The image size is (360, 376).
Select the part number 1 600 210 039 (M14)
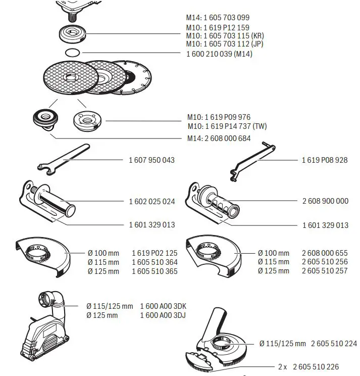219,54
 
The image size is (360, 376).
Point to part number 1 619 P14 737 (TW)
227,126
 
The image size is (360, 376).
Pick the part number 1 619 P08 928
325,160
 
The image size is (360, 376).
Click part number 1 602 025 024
152,201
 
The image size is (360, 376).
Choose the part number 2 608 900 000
325,201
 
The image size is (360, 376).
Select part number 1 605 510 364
155,262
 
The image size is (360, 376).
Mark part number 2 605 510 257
325,271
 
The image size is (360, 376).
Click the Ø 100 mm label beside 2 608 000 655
273,253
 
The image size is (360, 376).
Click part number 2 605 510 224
334,344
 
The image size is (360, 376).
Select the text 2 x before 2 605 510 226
283,366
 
